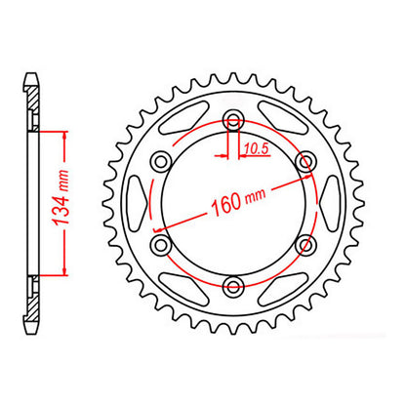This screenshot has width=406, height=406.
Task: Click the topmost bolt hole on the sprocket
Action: click(x=233, y=121)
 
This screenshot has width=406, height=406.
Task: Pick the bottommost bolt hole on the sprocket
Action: click(x=233, y=285)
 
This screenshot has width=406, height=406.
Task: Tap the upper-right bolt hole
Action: click(x=304, y=162)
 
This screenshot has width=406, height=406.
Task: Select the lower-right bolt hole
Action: click(x=304, y=244)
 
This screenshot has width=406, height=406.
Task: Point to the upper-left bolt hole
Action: click(x=162, y=162)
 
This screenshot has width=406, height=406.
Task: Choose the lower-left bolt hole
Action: click(x=162, y=244)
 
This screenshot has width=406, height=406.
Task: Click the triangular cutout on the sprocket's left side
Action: click(x=139, y=203)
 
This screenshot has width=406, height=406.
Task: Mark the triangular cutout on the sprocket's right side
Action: click(x=329, y=203)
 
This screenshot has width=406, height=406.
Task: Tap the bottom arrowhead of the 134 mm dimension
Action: click(x=63, y=274)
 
